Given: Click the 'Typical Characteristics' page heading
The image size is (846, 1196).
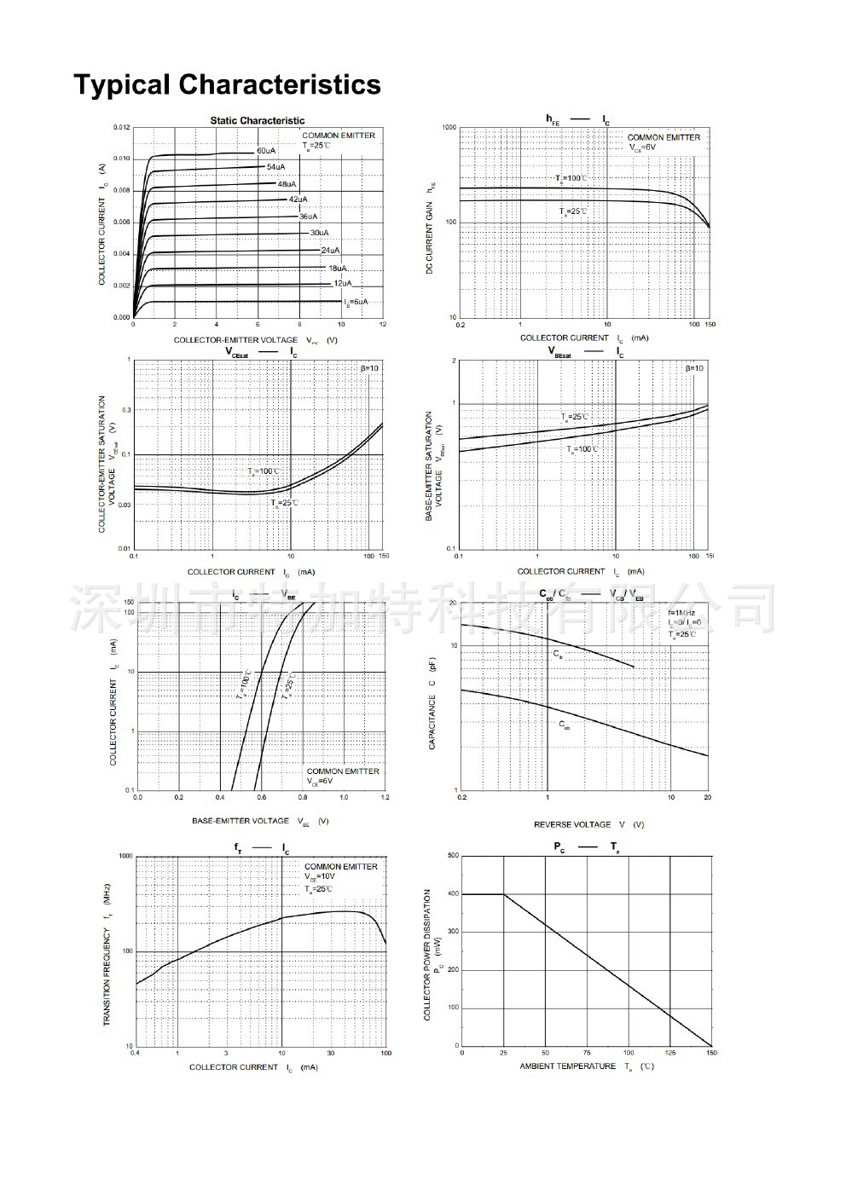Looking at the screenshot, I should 227,85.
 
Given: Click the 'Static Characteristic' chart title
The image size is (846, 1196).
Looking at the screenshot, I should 257,121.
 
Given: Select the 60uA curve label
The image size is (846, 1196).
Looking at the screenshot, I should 266,151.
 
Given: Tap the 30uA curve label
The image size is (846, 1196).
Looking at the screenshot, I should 319,233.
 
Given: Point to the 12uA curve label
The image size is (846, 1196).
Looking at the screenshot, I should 342,283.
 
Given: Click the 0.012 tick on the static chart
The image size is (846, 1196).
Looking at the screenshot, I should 120,128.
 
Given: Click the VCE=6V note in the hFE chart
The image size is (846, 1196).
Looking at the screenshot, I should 642,147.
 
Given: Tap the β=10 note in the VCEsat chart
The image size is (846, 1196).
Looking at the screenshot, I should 369,368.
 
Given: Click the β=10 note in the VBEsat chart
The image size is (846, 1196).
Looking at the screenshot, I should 694,368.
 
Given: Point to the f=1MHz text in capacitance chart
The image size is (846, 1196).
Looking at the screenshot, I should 681,613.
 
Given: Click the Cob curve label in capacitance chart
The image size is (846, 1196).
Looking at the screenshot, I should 565,725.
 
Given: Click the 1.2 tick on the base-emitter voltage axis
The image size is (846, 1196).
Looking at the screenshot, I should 385,797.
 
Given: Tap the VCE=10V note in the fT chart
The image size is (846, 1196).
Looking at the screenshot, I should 320,876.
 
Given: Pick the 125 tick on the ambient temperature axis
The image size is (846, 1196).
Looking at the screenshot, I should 669,1053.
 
